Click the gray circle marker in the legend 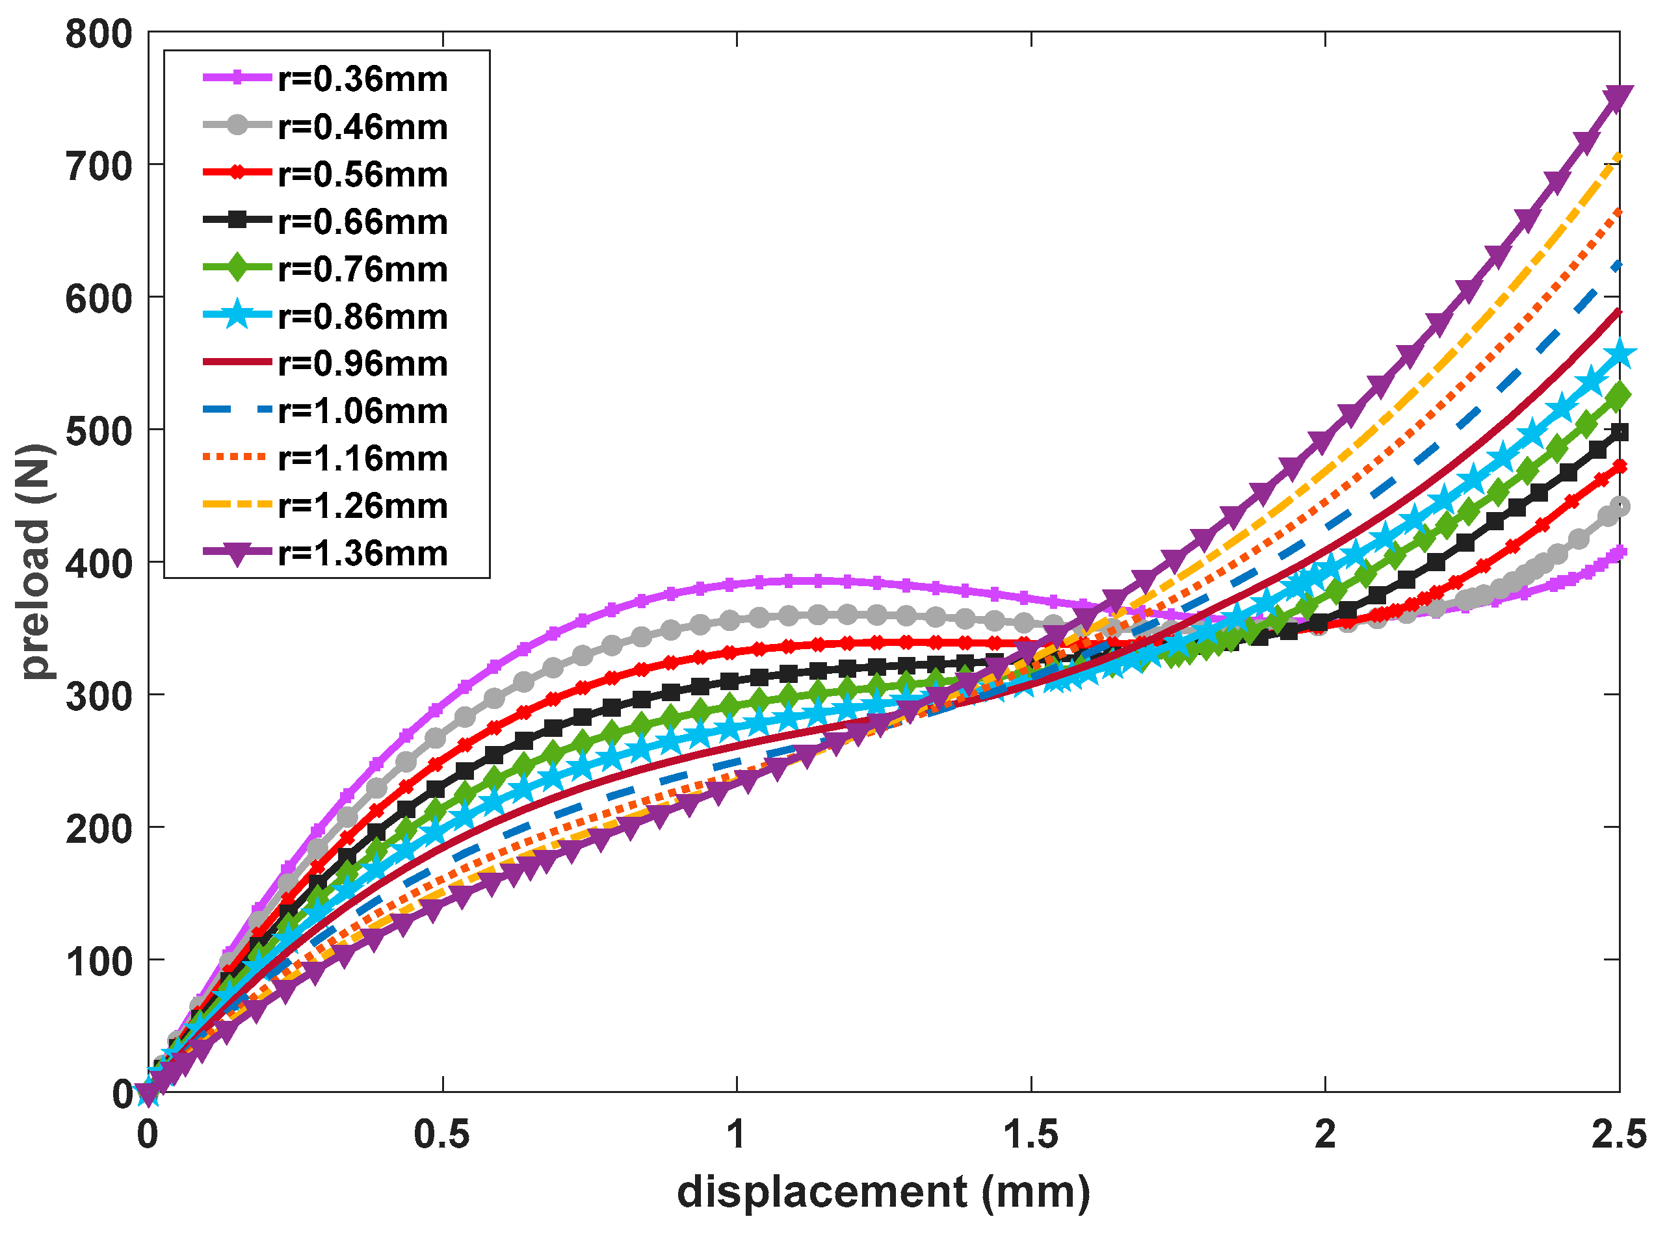pyautogui.click(x=237, y=125)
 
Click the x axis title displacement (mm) pyautogui.click(x=883, y=1192)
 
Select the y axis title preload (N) pyautogui.click(x=35, y=561)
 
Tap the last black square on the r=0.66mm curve pyautogui.click(x=1618, y=433)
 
